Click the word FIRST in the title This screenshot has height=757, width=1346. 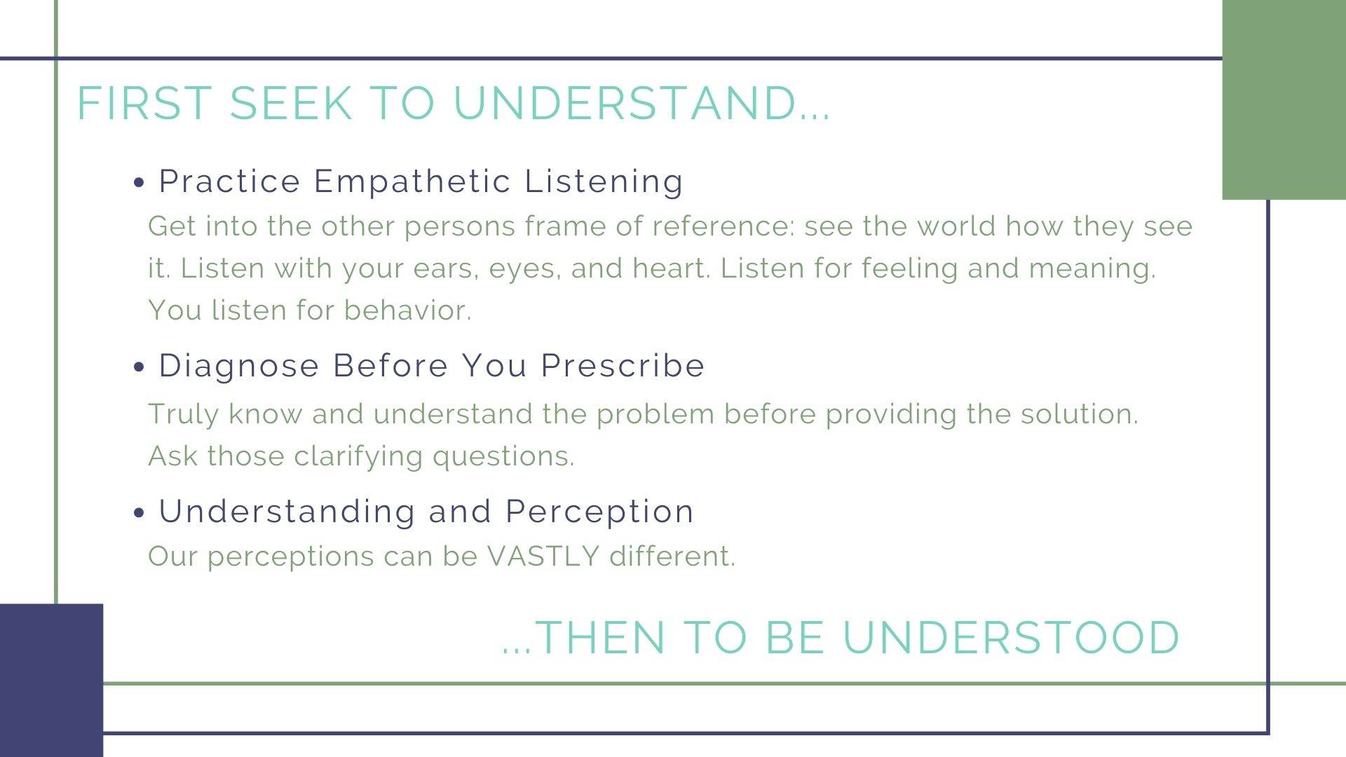144,103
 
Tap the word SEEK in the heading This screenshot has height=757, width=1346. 291,103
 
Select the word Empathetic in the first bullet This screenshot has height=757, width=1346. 412,182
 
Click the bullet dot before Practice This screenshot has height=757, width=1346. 139,183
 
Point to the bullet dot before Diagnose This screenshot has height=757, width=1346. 139,367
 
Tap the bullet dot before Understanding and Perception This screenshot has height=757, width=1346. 139,512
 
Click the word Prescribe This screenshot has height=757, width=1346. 623,366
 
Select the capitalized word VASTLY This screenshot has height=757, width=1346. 544,557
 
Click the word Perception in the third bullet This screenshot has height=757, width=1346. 599,512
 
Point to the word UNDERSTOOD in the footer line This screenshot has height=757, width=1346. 1012,638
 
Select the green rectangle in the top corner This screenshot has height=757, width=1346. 1284,100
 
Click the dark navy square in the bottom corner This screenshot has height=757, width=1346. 51,680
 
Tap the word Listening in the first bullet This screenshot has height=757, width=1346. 604,182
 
